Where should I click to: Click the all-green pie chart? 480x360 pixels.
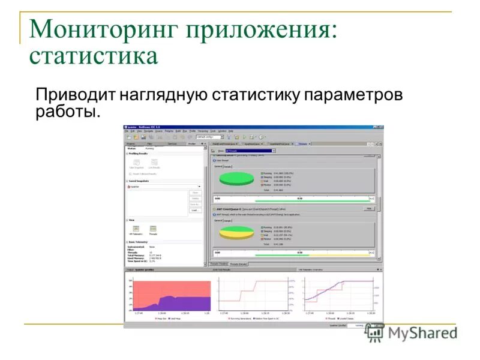tap(236, 178)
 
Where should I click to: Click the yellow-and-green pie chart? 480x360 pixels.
tap(236, 232)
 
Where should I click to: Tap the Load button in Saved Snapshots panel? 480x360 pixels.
tap(195, 211)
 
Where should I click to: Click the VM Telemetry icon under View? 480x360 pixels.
tap(136, 229)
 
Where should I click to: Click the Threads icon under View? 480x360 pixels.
tap(154, 229)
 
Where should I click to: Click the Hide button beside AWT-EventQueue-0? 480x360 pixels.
tap(369, 208)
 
